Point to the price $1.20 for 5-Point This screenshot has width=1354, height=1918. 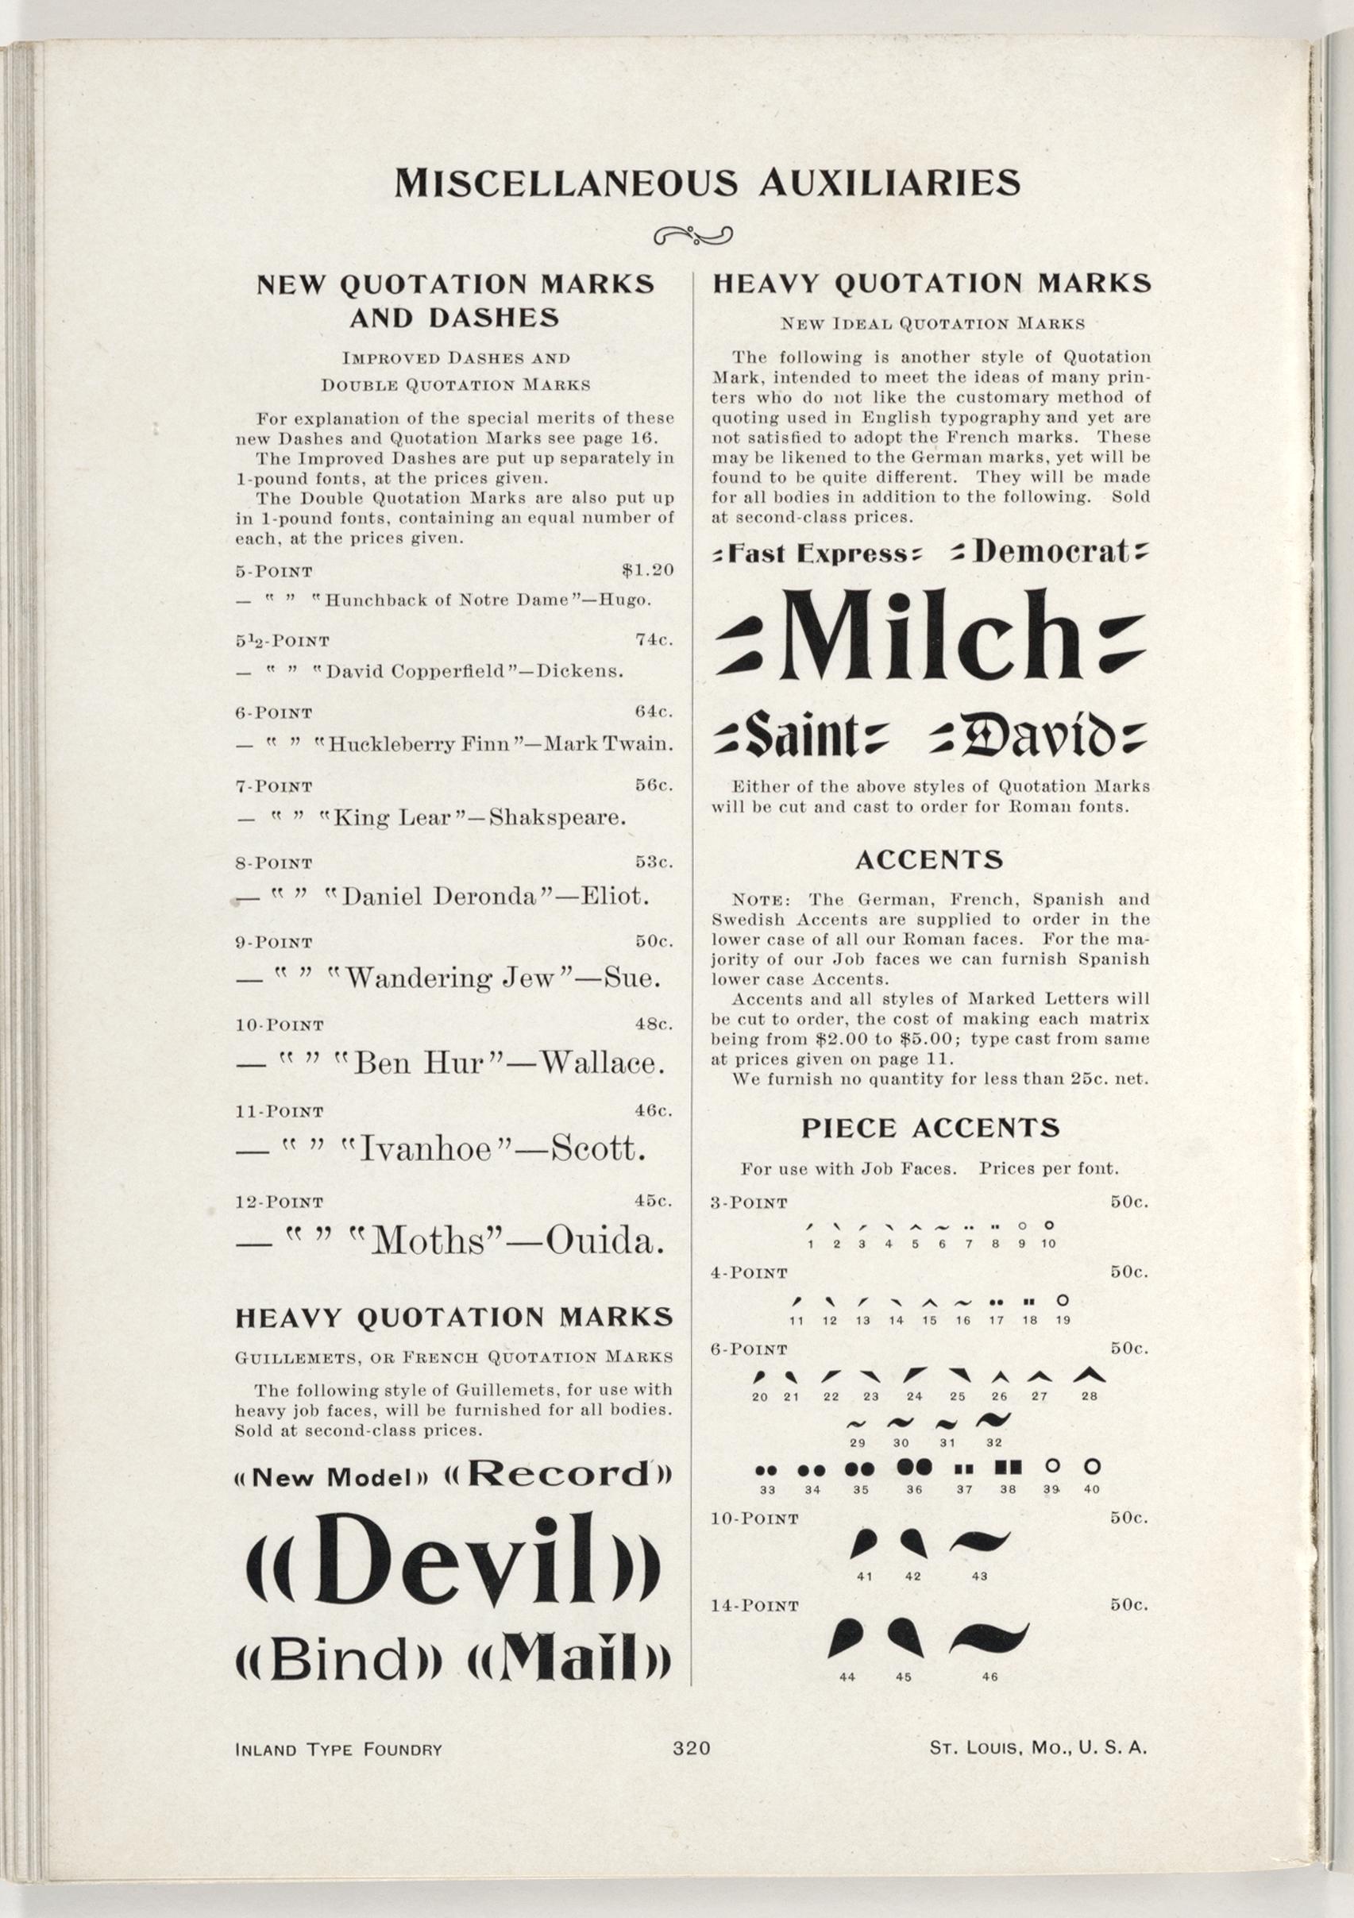[x=647, y=571]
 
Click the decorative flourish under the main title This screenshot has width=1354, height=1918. [x=692, y=237]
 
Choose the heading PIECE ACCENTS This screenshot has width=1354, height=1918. [x=931, y=1129]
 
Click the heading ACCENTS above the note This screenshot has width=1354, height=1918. [x=929, y=859]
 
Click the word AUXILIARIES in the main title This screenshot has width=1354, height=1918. [x=889, y=182]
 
